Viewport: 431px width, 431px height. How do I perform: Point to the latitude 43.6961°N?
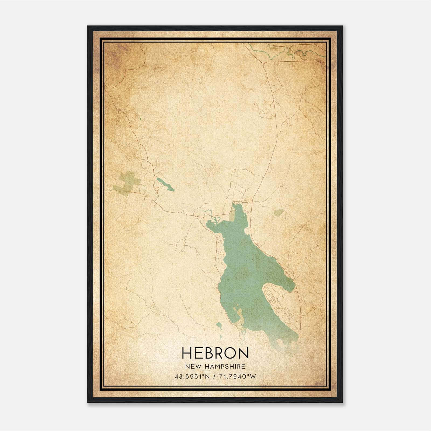coord(192,376)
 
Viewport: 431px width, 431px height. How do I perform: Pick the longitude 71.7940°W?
coord(237,376)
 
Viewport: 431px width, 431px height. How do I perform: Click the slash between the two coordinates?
coord(214,376)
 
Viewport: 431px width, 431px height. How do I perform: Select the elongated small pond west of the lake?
coord(165,184)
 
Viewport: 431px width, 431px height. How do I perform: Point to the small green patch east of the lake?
coord(279,213)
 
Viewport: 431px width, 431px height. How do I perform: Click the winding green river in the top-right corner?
coord(296,53)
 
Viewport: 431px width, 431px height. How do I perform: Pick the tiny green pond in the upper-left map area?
coord(141,119)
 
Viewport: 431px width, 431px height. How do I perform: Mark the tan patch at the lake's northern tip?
coord(232,215)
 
